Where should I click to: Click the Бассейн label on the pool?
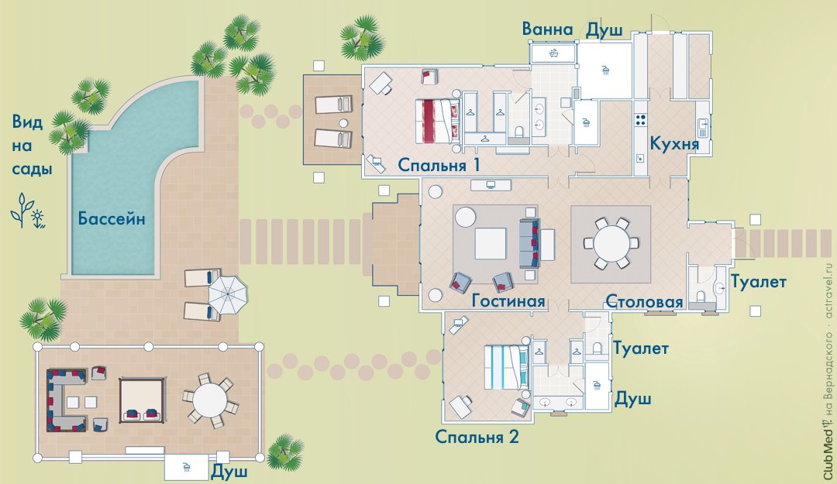tap(112, 218)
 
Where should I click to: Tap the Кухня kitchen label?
tap(674, 144)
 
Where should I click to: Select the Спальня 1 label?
tap(439, 165)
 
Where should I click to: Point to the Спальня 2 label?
tap(477, 437)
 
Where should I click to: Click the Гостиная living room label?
tap(508, 301)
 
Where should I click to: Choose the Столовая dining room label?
tap(644, 301)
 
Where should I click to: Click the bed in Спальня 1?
tap(438, 121)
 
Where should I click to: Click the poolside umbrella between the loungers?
tap(228, 293)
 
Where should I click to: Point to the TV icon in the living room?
tap(491, 185)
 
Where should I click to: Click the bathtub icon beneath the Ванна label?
tap(553, 53)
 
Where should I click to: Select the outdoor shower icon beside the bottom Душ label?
tap(186, 467)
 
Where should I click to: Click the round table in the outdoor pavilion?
tap(210, 401)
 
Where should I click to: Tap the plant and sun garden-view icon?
tap(28, 211)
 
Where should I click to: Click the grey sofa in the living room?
tap(529, 243)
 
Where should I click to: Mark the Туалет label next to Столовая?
tap(758, 281)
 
